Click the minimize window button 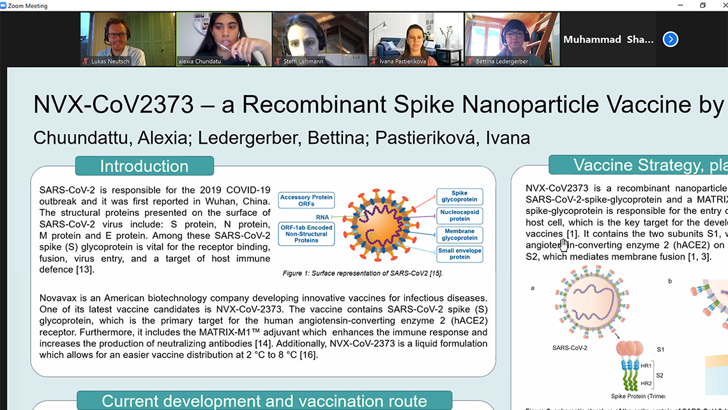point(684,5)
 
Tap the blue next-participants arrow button point(670,40)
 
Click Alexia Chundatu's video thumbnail point(223,39)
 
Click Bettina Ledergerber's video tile point(512,39)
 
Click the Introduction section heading point(144,166)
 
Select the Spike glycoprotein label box point(460,197)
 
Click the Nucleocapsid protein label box point(460,215)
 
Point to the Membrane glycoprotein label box point(460,234)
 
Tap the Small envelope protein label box point(460,254)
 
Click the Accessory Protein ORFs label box point(306,201)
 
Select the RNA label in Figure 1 point(323,216)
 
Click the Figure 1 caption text point(363,273)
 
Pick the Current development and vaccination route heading point(264,401)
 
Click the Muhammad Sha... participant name point(608,40)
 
